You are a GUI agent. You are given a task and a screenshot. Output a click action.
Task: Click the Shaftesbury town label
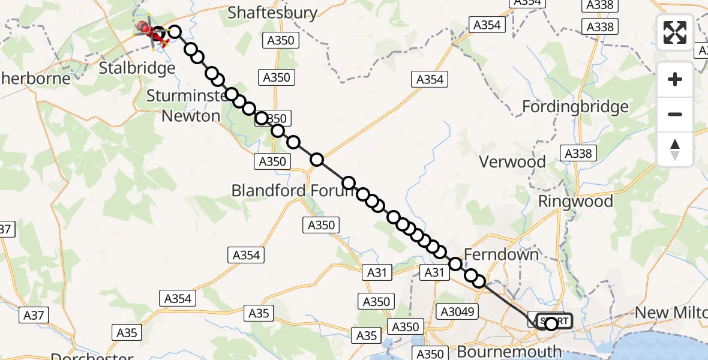tap(272, 13)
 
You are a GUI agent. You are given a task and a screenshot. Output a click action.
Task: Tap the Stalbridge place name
tap(137, 68)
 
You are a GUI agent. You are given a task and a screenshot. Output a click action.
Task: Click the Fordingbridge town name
tap(575, 107)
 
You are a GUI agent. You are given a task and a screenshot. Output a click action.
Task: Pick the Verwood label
tap(512, 162)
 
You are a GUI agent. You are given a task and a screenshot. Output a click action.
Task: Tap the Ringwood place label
tap(575, 201)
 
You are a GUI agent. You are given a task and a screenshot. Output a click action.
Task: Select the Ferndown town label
tap(501, 254)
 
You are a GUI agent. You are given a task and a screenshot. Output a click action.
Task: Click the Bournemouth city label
tap(509, 350)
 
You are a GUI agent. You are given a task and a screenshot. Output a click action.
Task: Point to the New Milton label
tap(671, 313)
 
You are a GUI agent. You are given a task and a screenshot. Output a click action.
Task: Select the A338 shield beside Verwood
tap(578, 154)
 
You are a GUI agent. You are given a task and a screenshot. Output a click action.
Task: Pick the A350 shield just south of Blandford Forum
tap(322, 225)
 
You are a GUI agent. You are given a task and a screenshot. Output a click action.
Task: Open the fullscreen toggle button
tap(675, 32)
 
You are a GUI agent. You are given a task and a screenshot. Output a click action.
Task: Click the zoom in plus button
tap(675, 79)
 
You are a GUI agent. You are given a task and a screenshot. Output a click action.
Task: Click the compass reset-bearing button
tap(675, 149)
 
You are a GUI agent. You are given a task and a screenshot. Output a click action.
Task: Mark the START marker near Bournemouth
tap(551, 322)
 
